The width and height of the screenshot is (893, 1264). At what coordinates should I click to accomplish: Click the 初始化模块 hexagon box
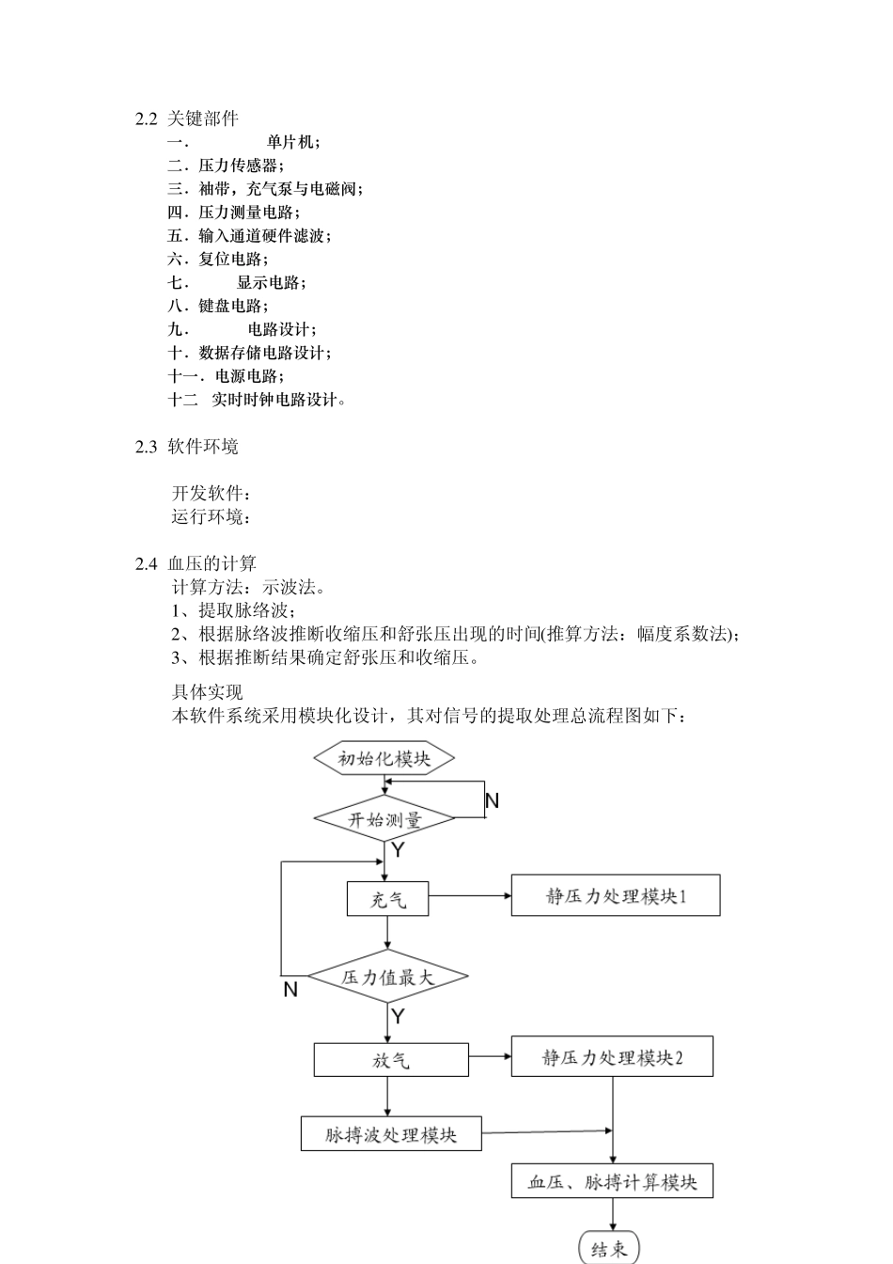click(384, 758)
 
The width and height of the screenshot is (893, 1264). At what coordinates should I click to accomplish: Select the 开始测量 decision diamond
click(384, 819)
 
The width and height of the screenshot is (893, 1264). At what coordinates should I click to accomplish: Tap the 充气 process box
click(388, 899)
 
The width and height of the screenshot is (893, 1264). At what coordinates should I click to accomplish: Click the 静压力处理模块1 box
click(616, 895)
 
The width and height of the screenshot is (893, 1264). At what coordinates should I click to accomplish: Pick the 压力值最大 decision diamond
click(388, 977)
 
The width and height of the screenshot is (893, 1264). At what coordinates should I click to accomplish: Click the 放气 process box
click(391, 1060)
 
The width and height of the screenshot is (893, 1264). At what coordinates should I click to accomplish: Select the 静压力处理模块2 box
click(612, 1057)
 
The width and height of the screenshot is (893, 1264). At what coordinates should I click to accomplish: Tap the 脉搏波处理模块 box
click(391, 1134)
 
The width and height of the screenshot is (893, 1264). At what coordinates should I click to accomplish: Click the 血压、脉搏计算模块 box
click(612, 1182)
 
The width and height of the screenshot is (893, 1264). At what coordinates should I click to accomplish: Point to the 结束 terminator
click(609, 1248)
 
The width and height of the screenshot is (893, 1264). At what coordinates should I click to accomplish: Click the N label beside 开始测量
click(492, 801)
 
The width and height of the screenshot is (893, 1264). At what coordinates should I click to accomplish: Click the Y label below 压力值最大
click(398, 1017)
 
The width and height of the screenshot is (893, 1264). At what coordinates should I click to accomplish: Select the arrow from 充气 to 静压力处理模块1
click(470, 896)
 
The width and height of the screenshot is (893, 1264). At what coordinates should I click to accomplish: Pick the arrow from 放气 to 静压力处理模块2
click(490, 1057)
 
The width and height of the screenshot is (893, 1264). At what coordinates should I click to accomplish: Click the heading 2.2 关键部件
click(187, 118)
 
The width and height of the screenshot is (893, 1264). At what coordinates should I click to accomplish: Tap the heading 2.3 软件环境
click(187, 446)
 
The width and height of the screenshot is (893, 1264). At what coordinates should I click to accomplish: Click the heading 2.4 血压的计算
click(196, 563)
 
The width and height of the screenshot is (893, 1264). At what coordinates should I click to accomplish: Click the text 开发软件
click(211, 493)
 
